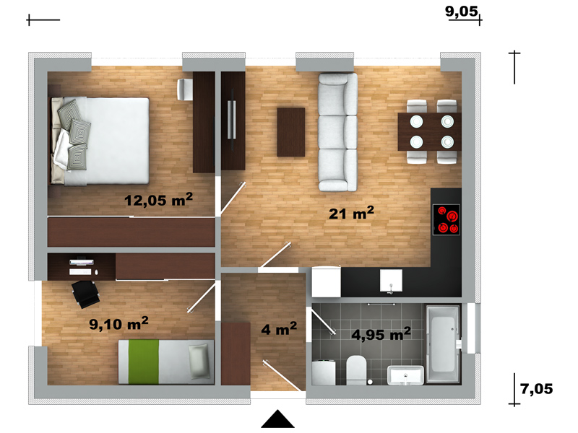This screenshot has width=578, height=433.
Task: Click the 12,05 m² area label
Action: (158, 200)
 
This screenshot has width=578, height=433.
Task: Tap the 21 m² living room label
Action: (351, 213)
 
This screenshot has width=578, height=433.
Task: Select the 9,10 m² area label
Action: (118, 323)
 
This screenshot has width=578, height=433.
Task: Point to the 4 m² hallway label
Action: (279, 328)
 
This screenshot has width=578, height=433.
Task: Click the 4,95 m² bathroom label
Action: (381, 334)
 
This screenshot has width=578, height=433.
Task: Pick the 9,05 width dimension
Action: (462, 11)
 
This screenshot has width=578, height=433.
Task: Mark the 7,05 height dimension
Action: (537, 389)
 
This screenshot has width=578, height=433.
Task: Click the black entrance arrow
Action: (278, 419)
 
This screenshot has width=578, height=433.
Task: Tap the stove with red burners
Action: (447, 220)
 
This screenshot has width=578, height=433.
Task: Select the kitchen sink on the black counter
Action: (391, 281)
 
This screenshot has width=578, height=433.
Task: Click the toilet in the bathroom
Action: (356, 369)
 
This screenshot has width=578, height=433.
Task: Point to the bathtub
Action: (443, 344)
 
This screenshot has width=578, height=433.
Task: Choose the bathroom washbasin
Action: (405, 375)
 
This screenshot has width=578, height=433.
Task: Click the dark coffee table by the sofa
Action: (291, 132)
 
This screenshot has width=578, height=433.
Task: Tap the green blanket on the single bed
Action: (143, 362)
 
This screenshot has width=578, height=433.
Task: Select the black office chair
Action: (85, 294)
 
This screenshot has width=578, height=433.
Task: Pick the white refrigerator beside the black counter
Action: (327, 281)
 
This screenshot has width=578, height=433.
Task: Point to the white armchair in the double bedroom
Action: (185, 89)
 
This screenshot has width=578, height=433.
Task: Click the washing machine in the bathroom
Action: (323, 372)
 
